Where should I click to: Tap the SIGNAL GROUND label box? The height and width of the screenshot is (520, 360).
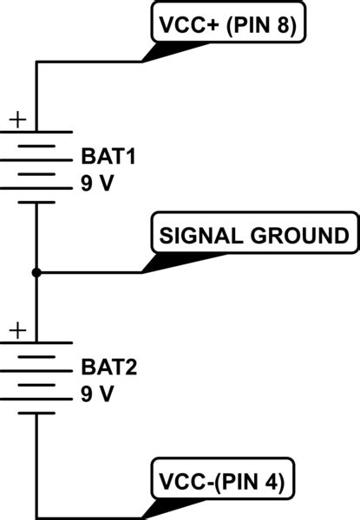(x=252, y=235)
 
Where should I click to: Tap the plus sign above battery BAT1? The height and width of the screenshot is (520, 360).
(x=18, y=120)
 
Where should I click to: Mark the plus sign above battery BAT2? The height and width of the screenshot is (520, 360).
(x=18, y=330)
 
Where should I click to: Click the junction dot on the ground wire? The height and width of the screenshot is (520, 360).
(x=36, y=273)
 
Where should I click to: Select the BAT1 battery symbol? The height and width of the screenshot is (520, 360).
(x=36, y=167)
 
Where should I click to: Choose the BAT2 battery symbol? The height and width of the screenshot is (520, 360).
(x=36, y=377)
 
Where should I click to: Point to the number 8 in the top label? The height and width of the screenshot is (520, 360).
(x=283, y=25)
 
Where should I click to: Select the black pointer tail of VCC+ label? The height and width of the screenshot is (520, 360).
(x=160, y=53)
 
